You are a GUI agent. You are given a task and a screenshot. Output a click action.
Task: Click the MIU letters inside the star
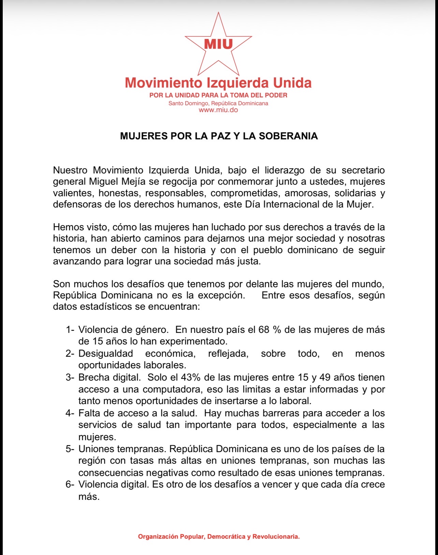click(218, 44)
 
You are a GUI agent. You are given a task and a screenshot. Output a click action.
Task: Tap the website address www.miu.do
click(218, 110)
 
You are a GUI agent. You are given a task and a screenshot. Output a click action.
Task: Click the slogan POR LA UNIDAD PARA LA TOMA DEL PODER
click(218, 95)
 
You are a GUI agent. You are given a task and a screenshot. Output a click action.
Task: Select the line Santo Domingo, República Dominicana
click(218, 103)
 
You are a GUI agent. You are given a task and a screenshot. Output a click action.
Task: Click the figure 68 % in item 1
click(268, 330)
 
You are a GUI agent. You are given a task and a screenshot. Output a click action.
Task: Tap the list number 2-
click(70, 354)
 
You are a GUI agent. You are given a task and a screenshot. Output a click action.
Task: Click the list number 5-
click(70, 449)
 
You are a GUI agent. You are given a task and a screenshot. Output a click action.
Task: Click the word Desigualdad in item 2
click(106, 354)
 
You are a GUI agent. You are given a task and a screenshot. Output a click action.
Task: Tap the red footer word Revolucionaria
click(276, 537)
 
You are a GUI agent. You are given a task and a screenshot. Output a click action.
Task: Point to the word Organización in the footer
click(158, 537)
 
